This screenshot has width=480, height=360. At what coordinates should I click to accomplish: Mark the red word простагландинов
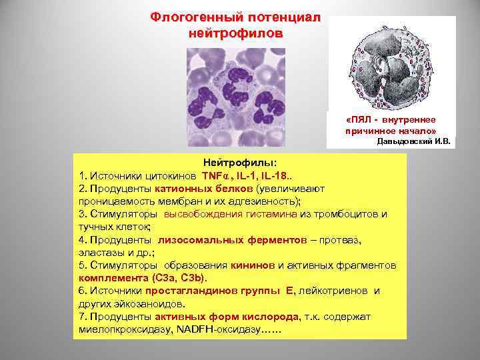(170, 290)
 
